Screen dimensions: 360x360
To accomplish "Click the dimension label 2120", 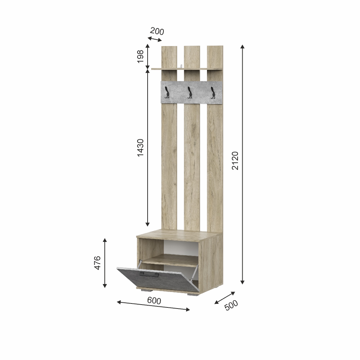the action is click(235, 161).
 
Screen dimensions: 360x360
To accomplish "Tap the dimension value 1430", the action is click(140, 148).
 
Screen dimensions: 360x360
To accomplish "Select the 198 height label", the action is click(140, 56).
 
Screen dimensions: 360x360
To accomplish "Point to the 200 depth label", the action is click(157, 31).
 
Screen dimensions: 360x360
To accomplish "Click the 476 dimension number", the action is click(97, 263).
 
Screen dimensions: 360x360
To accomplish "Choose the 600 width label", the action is click(154, 301).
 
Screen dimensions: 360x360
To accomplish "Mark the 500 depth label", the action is click(231, 305).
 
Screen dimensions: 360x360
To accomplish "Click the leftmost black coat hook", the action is click(167, 92).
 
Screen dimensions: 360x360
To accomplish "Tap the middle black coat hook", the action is click(190, 92).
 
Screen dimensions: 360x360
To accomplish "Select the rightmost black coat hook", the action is click(213, 93).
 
